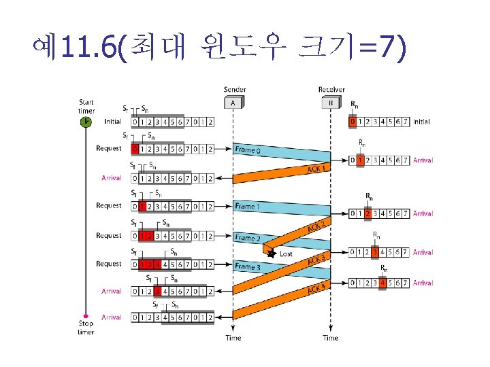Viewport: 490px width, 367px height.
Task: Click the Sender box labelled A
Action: pyautogui.click(x=233, y=103)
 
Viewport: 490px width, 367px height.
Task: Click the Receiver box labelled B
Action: pyautogui.click(x=331, y=103)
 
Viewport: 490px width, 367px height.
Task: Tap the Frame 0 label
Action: pyautogui.click(x=247, y=150)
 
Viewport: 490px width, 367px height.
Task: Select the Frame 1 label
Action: pyautogui.click(x=247, y=206)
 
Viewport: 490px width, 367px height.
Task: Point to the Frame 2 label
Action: pyautogui.click(x=247, y=239)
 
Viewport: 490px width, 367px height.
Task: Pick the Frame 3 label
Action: pyautogui.click(x=247, y=267)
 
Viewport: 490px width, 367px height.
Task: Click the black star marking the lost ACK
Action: pyautogui.click(x=272, y=253)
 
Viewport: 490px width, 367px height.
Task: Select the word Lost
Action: pyautogui.click(x=287, y=254)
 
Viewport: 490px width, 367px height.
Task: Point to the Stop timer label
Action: pyautogui.click(x=86, y=328)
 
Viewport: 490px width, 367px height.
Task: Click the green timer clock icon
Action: pyautogui.click(x=86, y=122)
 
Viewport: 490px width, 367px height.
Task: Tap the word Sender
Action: pyautogui.click(x=235, y=89)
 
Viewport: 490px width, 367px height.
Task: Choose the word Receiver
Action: pyautogui.click(x=331, y=89)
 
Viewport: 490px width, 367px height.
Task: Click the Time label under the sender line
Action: pyautogui.click(x=233, y=338)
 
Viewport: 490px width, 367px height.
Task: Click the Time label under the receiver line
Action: pyautogui.click(x=331, y=338)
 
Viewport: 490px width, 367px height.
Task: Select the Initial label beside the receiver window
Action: pyautogui.click(x=421, y=122)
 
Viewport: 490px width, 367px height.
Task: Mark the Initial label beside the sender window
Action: pyautogui.click(x=113, y=122)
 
